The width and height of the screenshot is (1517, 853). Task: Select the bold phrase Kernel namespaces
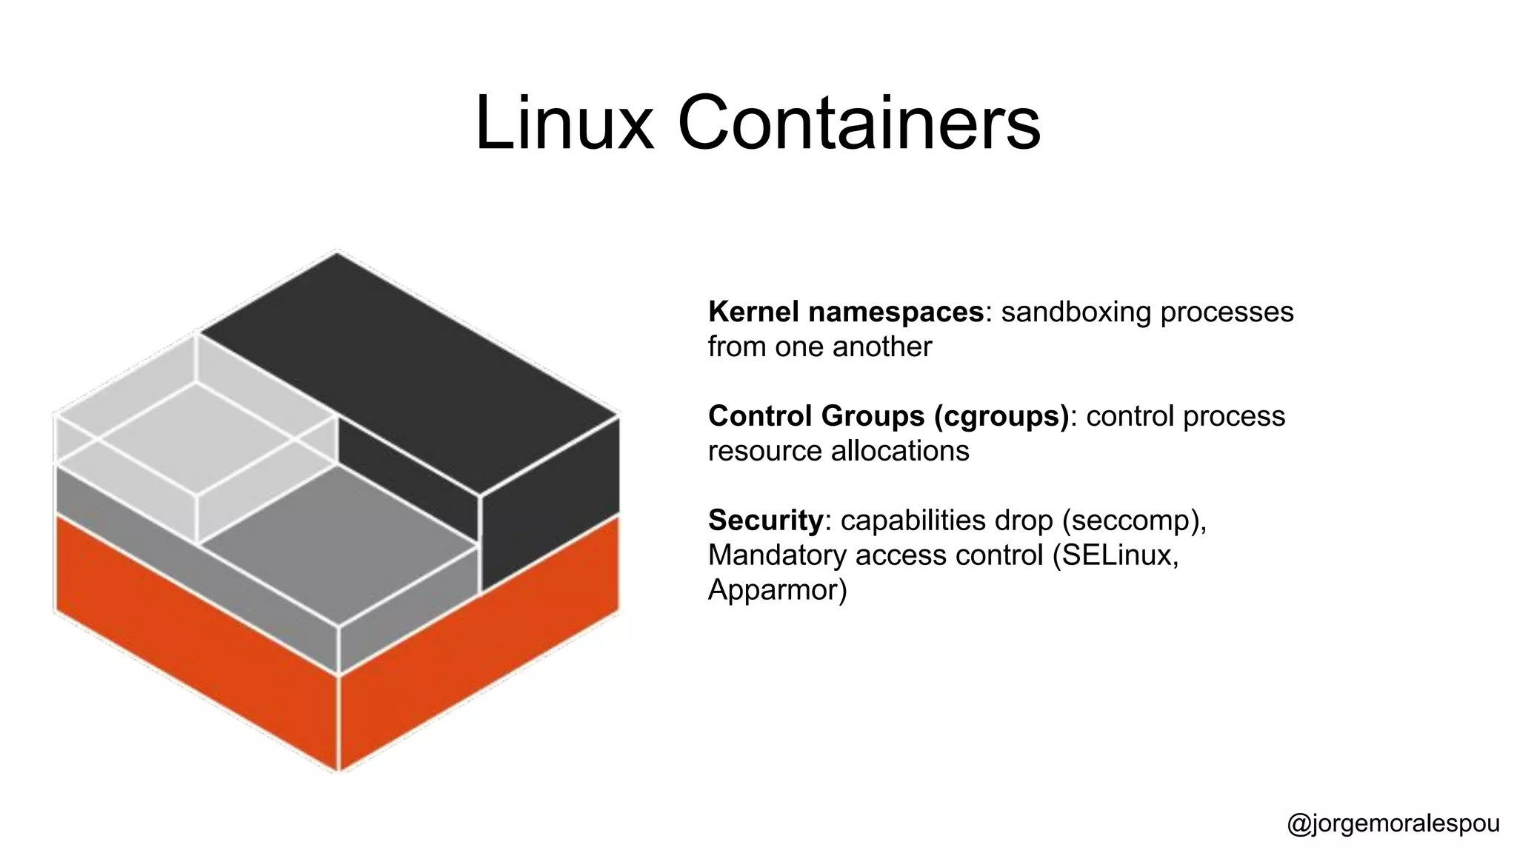pos(845,312)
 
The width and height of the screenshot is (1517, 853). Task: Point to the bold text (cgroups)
pos(1001,416)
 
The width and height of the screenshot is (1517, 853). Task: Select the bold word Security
pos(764,521)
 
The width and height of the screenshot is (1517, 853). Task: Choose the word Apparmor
pos(776,590)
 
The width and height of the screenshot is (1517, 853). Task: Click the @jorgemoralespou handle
pos(1393,824)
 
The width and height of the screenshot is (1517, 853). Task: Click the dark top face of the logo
pos(407,370)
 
